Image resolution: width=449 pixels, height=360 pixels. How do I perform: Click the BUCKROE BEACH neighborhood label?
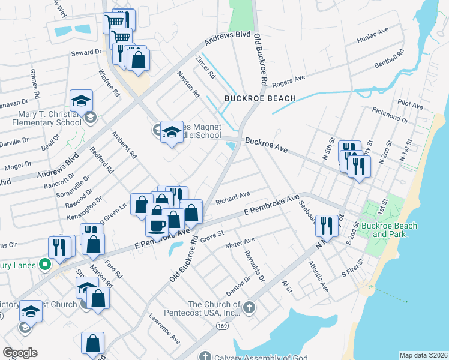260,98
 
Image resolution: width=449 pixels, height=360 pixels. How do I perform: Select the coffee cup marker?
158,226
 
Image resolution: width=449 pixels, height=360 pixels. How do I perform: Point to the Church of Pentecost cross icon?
249,308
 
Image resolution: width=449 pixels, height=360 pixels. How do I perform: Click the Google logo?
20,353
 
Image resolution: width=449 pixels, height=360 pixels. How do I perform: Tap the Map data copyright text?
423,355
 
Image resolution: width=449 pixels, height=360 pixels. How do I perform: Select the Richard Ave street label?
233,196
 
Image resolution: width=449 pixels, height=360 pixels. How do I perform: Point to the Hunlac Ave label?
373,36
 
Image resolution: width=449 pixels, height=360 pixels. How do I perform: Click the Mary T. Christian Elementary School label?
40,118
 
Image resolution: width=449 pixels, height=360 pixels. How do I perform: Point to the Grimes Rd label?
35,83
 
